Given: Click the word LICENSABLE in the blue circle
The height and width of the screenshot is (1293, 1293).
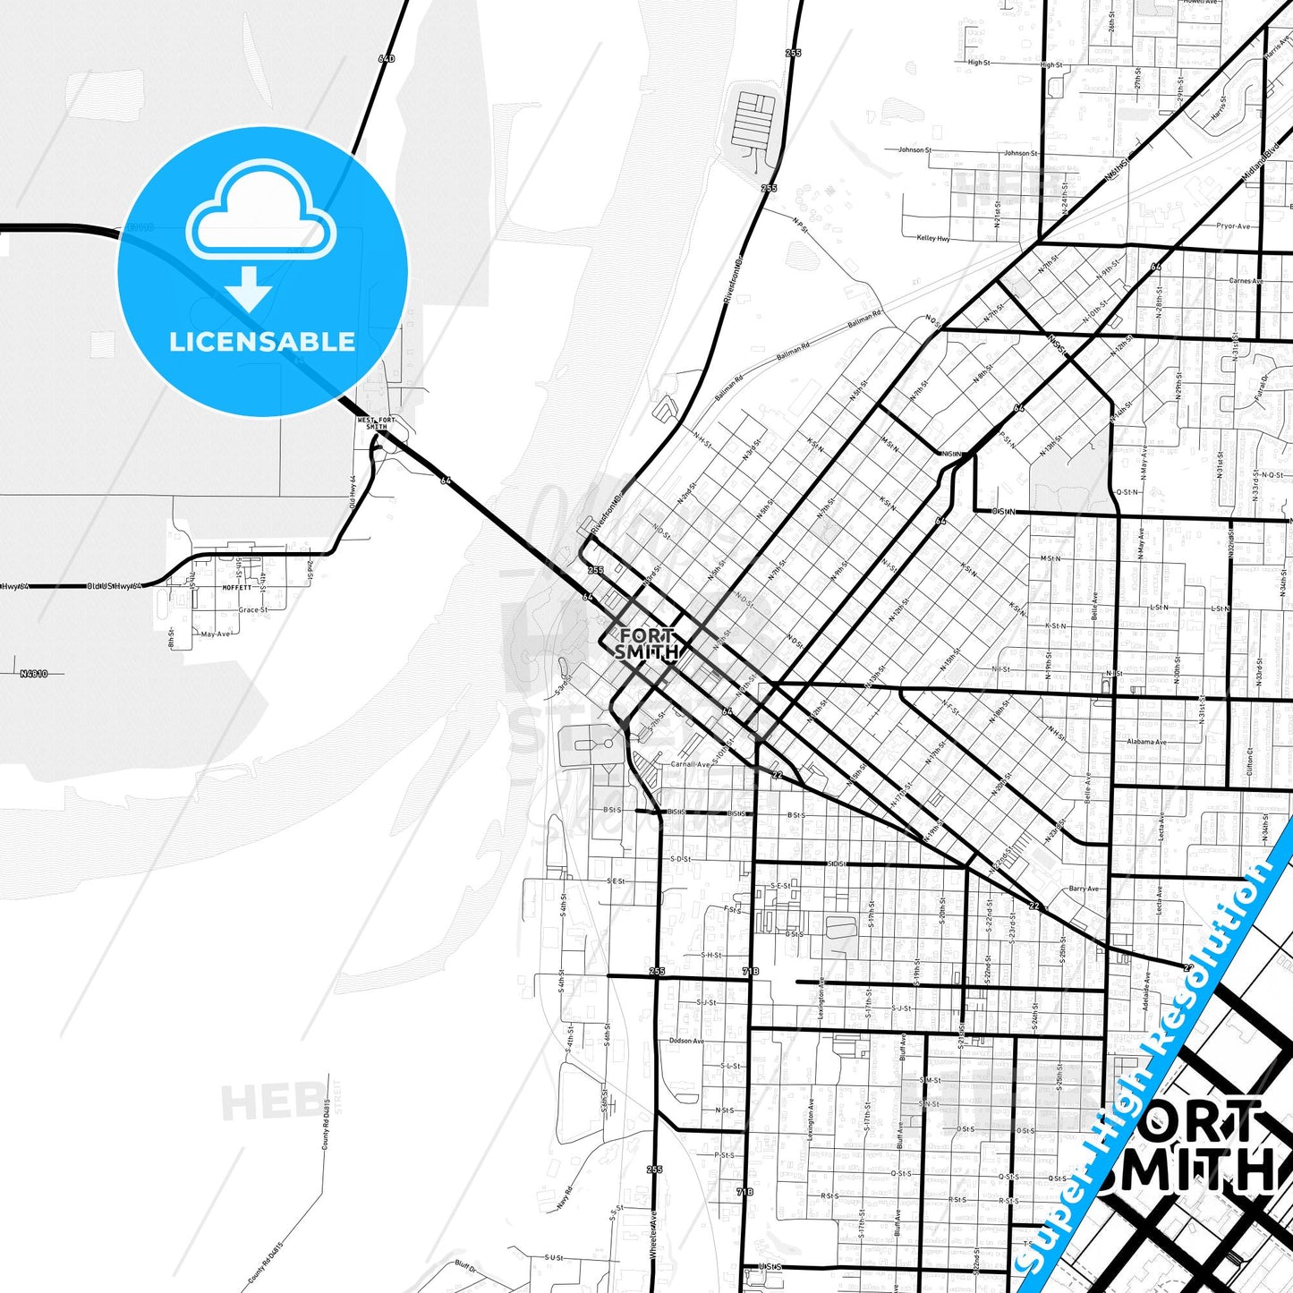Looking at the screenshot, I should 262,342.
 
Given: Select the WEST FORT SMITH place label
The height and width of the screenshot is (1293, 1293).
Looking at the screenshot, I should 376,423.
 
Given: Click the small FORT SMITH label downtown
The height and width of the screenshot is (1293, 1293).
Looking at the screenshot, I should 646,644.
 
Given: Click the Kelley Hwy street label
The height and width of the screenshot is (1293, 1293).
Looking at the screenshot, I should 933,238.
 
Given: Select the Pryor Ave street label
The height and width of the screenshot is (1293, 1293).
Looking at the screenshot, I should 1233,226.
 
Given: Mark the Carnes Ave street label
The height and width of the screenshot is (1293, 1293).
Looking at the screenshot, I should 1246,281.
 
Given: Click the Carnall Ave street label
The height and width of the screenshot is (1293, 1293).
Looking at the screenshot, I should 690,764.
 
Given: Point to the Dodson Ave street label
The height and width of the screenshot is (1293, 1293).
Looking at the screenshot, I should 686,1041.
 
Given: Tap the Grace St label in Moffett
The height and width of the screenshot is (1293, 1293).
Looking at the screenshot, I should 252,610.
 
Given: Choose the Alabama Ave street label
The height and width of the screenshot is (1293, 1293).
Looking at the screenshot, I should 1146,742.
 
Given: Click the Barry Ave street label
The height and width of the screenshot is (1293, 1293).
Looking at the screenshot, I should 1084,889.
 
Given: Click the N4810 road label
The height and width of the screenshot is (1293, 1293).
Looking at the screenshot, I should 34,673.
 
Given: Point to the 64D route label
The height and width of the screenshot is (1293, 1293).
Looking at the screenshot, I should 386,59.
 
